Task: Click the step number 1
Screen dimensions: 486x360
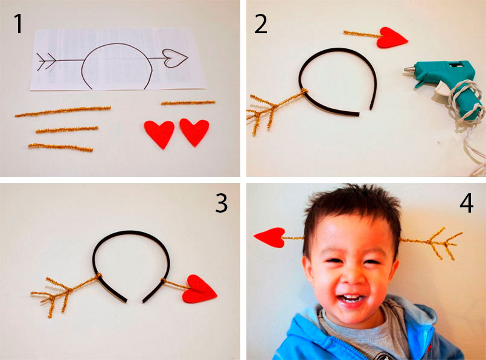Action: (19, 24)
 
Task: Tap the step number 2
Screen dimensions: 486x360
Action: (260, 24)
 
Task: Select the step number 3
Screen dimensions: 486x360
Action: (222, 204)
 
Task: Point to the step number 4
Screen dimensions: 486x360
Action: (467, 204)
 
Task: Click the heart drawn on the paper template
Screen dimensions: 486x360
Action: (175, 58)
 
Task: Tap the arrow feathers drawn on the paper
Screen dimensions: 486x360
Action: (46, 61)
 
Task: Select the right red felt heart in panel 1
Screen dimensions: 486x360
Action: (194, 132)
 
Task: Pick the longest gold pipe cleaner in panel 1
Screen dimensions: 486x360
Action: (63, 111)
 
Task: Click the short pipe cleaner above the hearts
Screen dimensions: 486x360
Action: (188, 103)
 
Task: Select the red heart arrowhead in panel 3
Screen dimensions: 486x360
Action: (199, 289)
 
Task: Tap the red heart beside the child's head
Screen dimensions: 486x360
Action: (270, 237)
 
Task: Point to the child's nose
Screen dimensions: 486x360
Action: (353, 276)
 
